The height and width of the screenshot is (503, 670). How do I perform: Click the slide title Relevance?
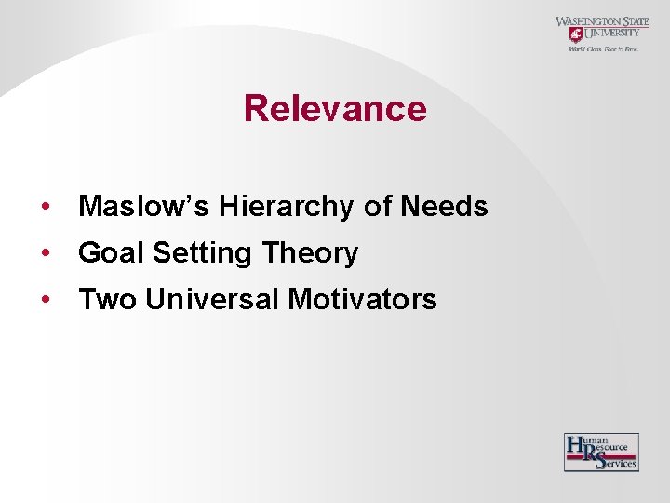coord(335,108)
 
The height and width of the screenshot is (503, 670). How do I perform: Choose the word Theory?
coord(310,252)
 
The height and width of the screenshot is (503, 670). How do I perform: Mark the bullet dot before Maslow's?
coord(45,207)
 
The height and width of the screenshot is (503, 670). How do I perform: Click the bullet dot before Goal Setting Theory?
coord(45,253)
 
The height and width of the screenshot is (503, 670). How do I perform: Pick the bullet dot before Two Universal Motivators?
coord(45,300)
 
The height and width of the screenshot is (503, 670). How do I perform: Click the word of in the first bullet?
coord(377,206)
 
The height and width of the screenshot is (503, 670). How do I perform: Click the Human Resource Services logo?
coord(601,452)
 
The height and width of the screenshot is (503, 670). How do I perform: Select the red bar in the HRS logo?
coord(603,456)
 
